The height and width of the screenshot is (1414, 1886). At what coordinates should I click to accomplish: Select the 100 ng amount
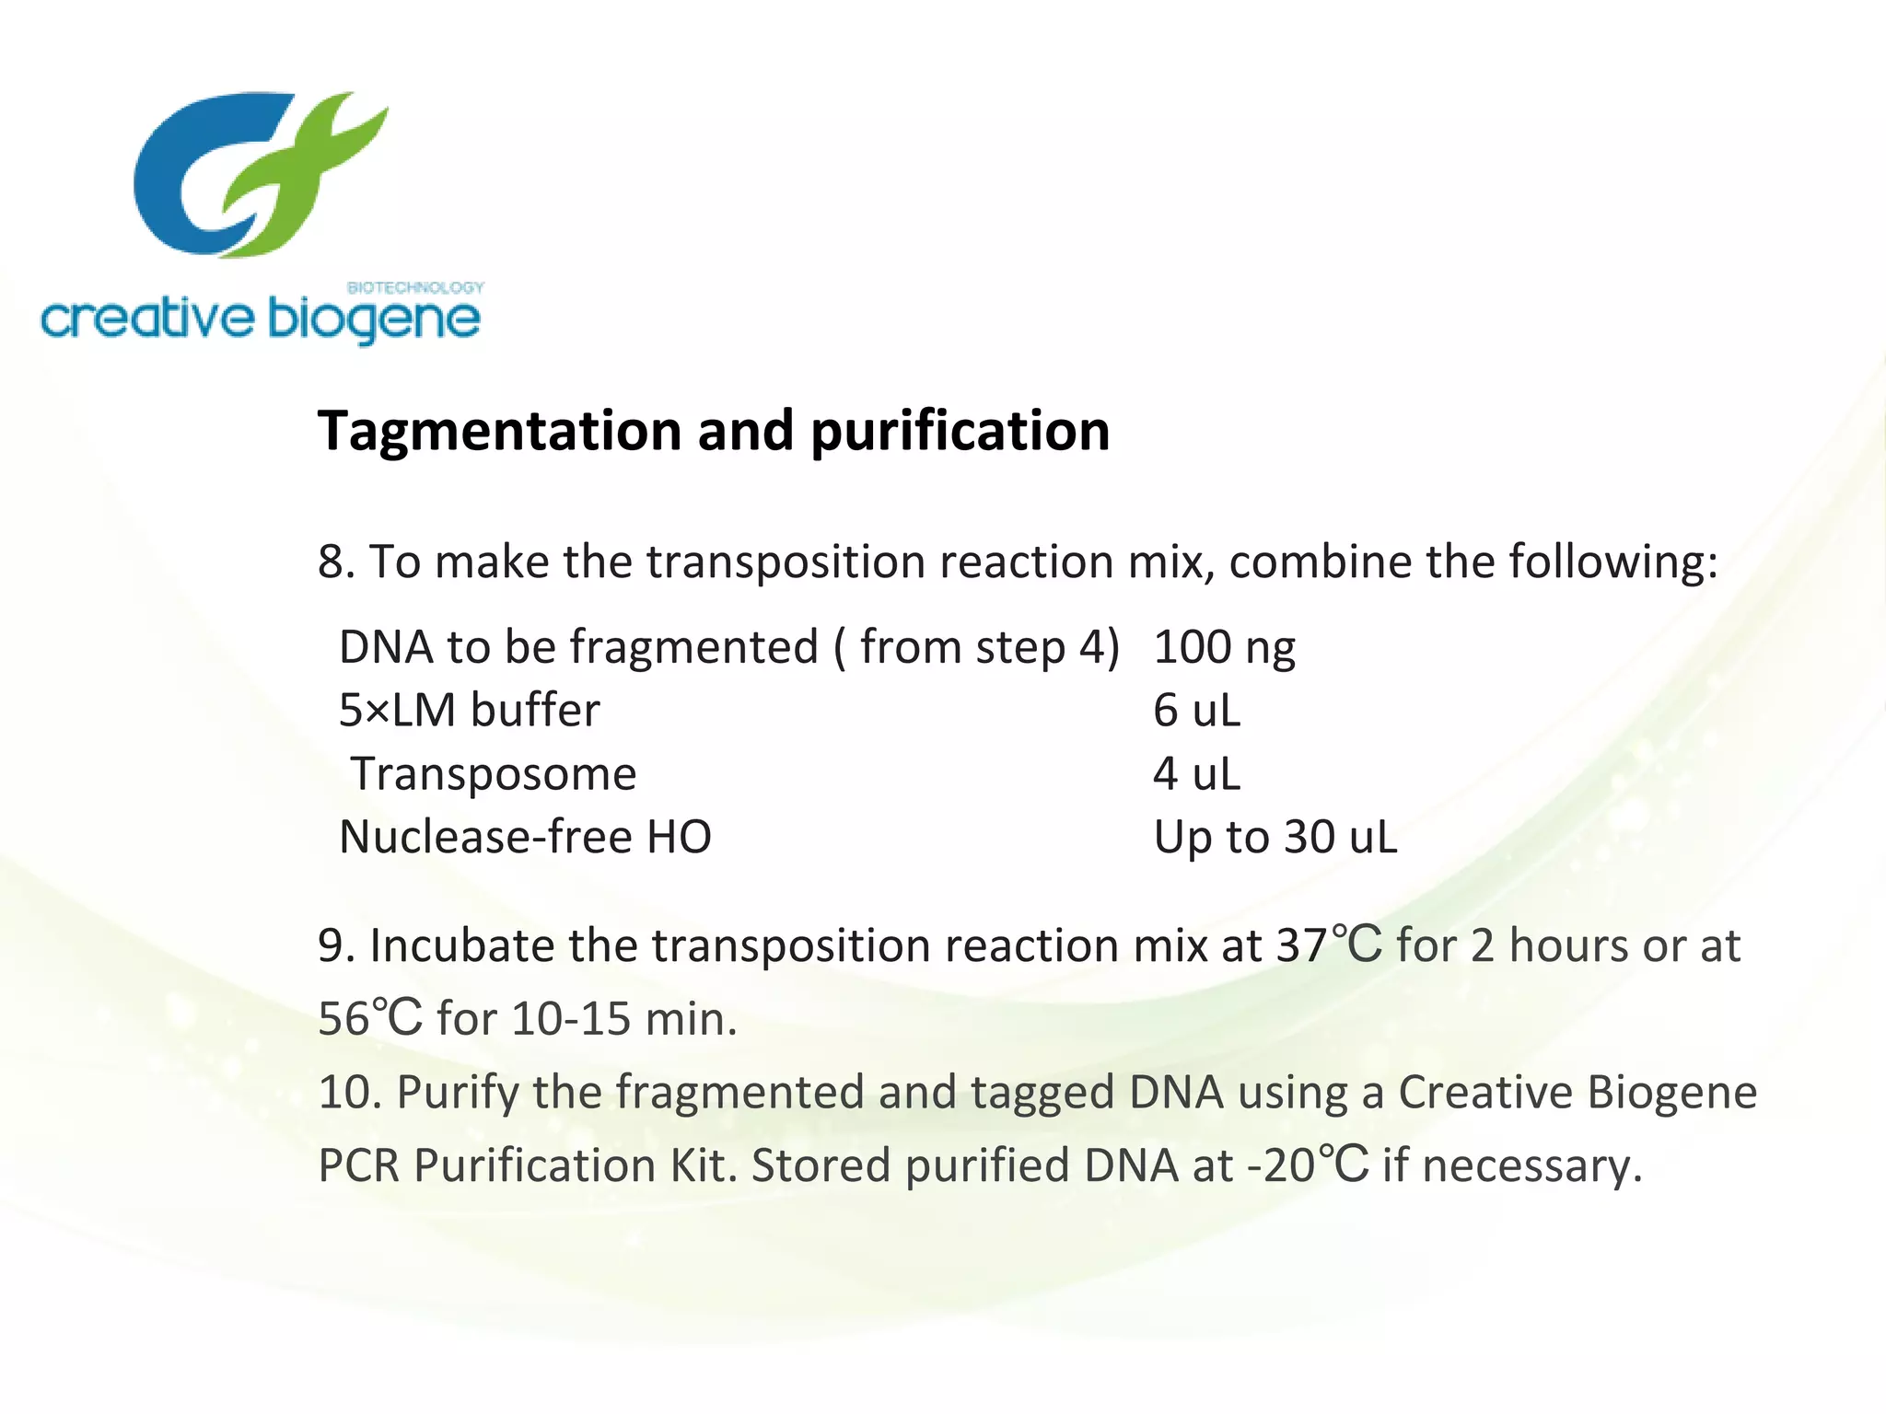click(x=1224, y=647)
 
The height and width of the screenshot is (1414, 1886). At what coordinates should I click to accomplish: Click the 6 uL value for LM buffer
click(x=1196, y=711)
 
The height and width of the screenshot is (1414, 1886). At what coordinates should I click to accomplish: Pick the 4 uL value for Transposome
click(x=1196, y=773)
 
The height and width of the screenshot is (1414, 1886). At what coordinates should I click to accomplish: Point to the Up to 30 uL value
click(x=1275, y=837)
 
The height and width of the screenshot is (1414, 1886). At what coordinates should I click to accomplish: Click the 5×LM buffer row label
click(x=469, y=711)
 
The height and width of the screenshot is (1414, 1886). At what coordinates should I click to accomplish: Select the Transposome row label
click(x=494, y=773)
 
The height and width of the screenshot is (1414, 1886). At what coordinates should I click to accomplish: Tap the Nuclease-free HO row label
click(x=525, y=837)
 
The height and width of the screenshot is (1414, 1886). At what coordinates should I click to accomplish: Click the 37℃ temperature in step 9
click(x=1329, y=945)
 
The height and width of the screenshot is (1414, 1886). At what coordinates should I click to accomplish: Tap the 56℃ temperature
click(x=370, y=1019)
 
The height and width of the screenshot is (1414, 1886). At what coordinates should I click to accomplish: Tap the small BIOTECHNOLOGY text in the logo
click(x=415, y=287)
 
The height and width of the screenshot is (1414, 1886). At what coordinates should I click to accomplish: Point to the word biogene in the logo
click(x=374, y=320)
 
